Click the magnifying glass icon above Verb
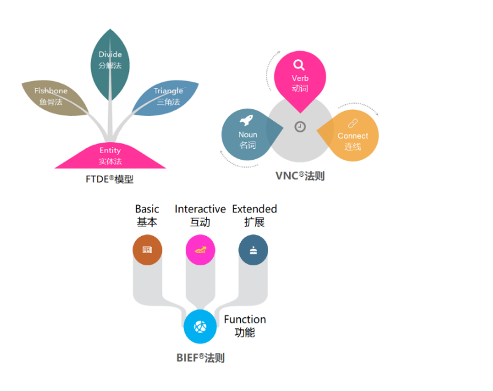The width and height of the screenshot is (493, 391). [299, 65]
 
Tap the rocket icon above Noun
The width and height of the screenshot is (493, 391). [247, 120]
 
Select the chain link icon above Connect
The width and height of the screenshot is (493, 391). [352, 124]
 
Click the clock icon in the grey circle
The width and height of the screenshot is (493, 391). [300, 127]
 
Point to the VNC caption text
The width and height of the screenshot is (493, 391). [300, 176]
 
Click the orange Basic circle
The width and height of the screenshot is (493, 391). [147, 249]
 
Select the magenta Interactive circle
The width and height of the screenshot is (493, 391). [200, 249]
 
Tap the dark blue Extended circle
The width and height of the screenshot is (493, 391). [253, 249]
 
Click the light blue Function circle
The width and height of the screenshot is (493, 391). [200, 327]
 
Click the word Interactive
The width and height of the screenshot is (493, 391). [200, 209]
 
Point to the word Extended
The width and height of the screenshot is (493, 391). [254, 209]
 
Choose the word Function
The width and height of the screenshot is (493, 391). [245, 320]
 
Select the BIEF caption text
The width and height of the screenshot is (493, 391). [200, 357]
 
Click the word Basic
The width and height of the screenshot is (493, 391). [147, 209]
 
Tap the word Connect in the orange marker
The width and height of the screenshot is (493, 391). [353, 136]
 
